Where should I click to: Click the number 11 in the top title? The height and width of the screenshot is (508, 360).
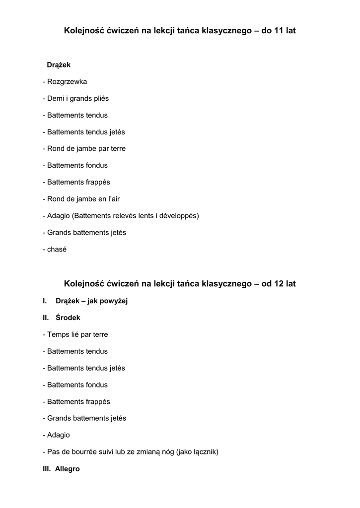pyautogui.click(x=279, y=31)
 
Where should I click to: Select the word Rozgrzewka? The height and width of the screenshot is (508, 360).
pyautogui.click(x=67, y=81)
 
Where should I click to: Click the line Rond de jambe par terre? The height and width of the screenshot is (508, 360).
pyautogui.click(x=84, y=148)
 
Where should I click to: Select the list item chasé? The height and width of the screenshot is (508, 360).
pyautogui.click(x=57, y=250)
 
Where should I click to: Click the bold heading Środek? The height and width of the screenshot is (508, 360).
pyautogui.click(x=68, y=317)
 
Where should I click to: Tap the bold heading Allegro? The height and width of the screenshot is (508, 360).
pyautogui.click(x=67, y=469)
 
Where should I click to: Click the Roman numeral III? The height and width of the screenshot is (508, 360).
pyautogui.click(x=47, y=469)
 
